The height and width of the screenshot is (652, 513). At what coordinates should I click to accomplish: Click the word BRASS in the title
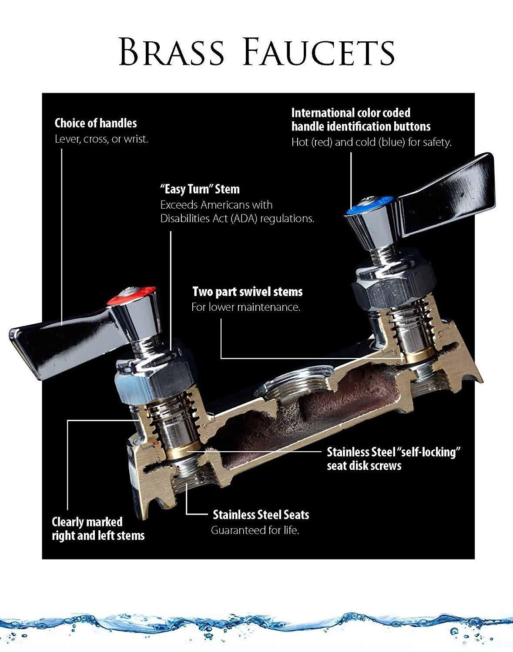172,52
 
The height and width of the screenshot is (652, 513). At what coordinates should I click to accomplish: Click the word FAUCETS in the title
320,52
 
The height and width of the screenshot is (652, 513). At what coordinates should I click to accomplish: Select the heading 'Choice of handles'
96,123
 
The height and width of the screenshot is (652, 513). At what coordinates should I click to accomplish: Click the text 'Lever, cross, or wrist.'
101,140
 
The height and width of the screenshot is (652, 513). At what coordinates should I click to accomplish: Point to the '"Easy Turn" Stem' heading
200,190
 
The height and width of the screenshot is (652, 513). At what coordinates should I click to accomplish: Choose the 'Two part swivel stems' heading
247,292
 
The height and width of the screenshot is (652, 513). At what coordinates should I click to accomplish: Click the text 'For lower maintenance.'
246,307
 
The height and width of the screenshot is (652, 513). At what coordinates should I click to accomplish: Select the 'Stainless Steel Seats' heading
261,515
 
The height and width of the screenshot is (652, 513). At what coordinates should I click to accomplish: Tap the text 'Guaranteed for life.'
255,530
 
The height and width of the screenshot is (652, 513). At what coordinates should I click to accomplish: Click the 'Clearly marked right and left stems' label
98,528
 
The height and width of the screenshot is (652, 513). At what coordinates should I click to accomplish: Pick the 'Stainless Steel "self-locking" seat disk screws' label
393,459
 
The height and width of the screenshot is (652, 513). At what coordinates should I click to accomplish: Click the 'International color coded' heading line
351,113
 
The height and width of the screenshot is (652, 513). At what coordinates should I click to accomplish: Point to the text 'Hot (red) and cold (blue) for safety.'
371,142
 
